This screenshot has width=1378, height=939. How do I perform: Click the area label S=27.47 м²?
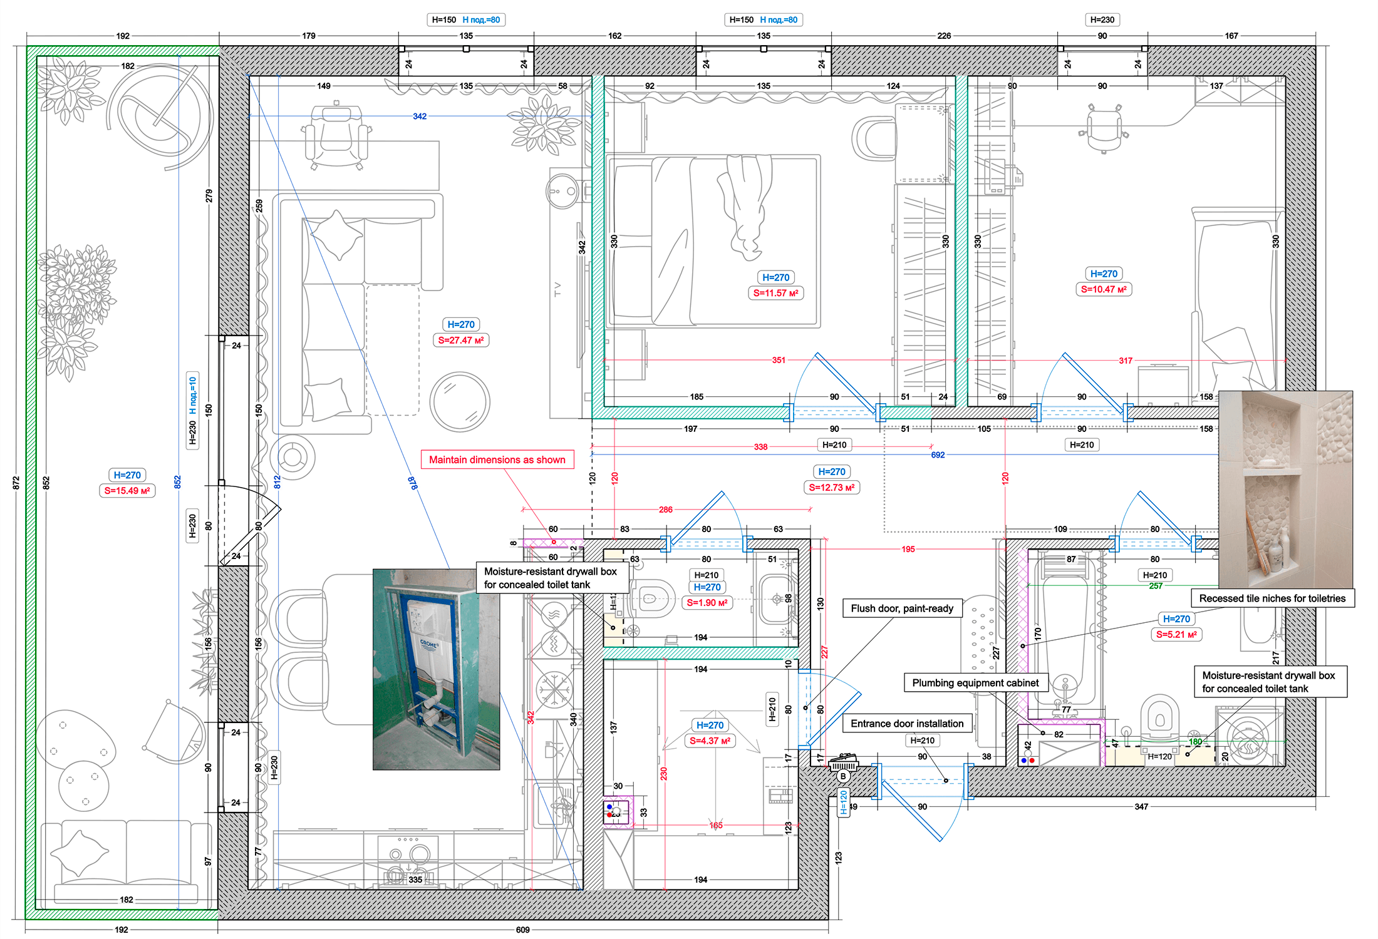pyautogui.click(x=460, y=340)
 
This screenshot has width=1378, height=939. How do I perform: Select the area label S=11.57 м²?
pyautogui.click(x=775, y=293)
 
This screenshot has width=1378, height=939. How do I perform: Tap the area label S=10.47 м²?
pyautogui.click(x=1104, y=289)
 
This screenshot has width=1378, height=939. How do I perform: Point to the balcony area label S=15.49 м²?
pyautogui.click(x=127, y=491)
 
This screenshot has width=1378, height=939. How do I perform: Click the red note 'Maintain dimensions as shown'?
pyautogui.click(x=497, y=459)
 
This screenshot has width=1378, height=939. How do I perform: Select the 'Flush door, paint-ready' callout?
pyautogui.click(x=901, y=608)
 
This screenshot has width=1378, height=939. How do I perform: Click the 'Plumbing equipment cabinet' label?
pyautogui.click(x=975, y=683)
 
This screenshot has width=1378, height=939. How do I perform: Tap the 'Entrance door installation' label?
pyautogui.click(x=906, y=724)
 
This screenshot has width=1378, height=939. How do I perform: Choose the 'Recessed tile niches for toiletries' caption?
pyautogui.click(x=1272, y=598)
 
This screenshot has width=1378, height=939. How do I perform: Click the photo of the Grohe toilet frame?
pyautogui.click(x=436, y=669)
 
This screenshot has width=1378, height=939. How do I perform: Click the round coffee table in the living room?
pyautogui.click(x=459, y=402)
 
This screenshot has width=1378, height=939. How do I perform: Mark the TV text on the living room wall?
pyautogui.click(x=557, y=289)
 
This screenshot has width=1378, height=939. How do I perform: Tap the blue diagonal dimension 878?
pyautogui.click(x=413, y=483)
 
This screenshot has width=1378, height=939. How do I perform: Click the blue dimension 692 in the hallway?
pyautogui.click(x=937, y=455)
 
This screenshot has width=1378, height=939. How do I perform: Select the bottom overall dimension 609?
pyautogui.click(x=522, y=930)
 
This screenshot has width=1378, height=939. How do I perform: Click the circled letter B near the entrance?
pyautogui.click(x=843, y=776)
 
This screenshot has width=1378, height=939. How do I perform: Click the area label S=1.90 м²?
pyautogui.click(x=706, y=603)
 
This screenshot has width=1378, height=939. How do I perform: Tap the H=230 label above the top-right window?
pyautogui.click(x=1102, y=20)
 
